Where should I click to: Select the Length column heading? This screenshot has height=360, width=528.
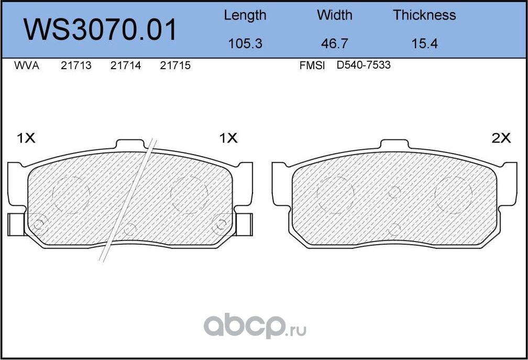click(x=245, y=16)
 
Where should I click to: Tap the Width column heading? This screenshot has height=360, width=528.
click(x=334, y=15)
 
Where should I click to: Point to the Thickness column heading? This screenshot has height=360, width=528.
click(x=424, y=15)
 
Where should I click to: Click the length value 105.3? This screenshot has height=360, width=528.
click(x=245, y=43)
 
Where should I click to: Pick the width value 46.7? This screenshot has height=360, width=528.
click(x=334, y=43)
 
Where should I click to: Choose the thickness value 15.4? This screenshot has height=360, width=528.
click(x=425, y=43)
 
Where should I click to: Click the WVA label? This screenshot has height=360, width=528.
click(x=27, y=66)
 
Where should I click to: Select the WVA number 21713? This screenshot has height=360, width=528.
click(x=76, y=66)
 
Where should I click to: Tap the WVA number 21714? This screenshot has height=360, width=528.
click(x=126, y=66)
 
